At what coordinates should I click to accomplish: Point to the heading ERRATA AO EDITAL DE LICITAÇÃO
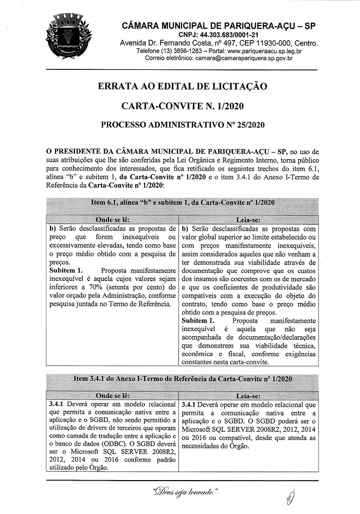[x=182, y=86]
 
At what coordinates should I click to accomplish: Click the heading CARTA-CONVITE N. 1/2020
[x=182, y=106]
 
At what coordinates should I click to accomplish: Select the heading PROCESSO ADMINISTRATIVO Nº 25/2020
[x=182, y=125]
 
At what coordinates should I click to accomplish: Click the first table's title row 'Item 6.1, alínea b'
[x=182, y=203]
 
